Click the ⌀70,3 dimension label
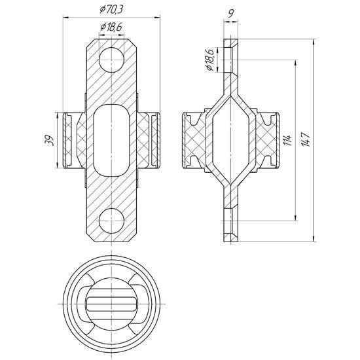point(111,9)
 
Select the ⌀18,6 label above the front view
point(111,27)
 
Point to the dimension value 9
point(231,14)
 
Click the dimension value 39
point(49,140)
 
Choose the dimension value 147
point(306,139)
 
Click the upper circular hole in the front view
point(111,60)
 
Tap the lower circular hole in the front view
point(111,221)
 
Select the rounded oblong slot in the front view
point(111,140)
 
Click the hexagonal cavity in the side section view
point(230,140)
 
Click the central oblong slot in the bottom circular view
point(111,304)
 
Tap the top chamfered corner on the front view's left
point(91,43)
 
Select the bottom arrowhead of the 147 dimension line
point(314,239)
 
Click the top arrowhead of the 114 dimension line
point(295,63)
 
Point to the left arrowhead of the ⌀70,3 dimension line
point(66,17)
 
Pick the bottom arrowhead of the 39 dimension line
point(57,165)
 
